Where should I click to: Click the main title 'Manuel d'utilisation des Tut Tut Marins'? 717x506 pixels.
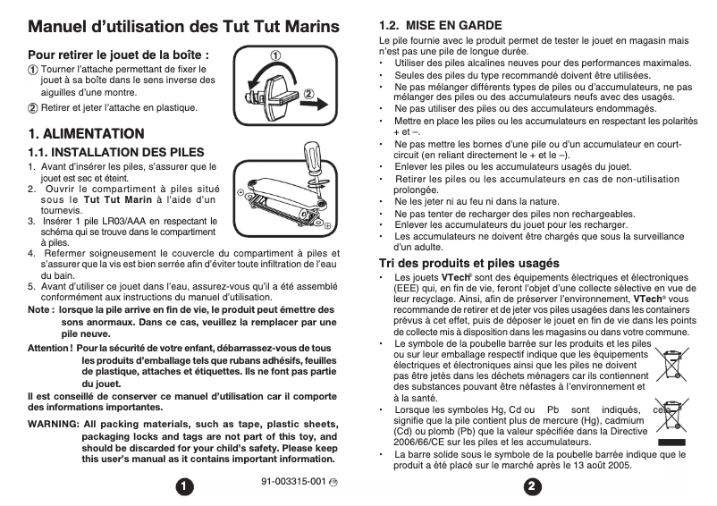point(183,27)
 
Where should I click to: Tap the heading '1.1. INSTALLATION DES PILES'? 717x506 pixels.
point(116,152)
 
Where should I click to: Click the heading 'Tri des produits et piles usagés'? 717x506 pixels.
point(469,263)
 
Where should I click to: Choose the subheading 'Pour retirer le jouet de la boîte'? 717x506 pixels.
point(118,55)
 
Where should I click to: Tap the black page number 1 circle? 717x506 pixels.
point(183,486)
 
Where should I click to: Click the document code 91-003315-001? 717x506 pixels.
point(291,481)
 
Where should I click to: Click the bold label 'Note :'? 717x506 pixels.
point(40,309)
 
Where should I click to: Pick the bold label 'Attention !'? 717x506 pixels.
point(50,347)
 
